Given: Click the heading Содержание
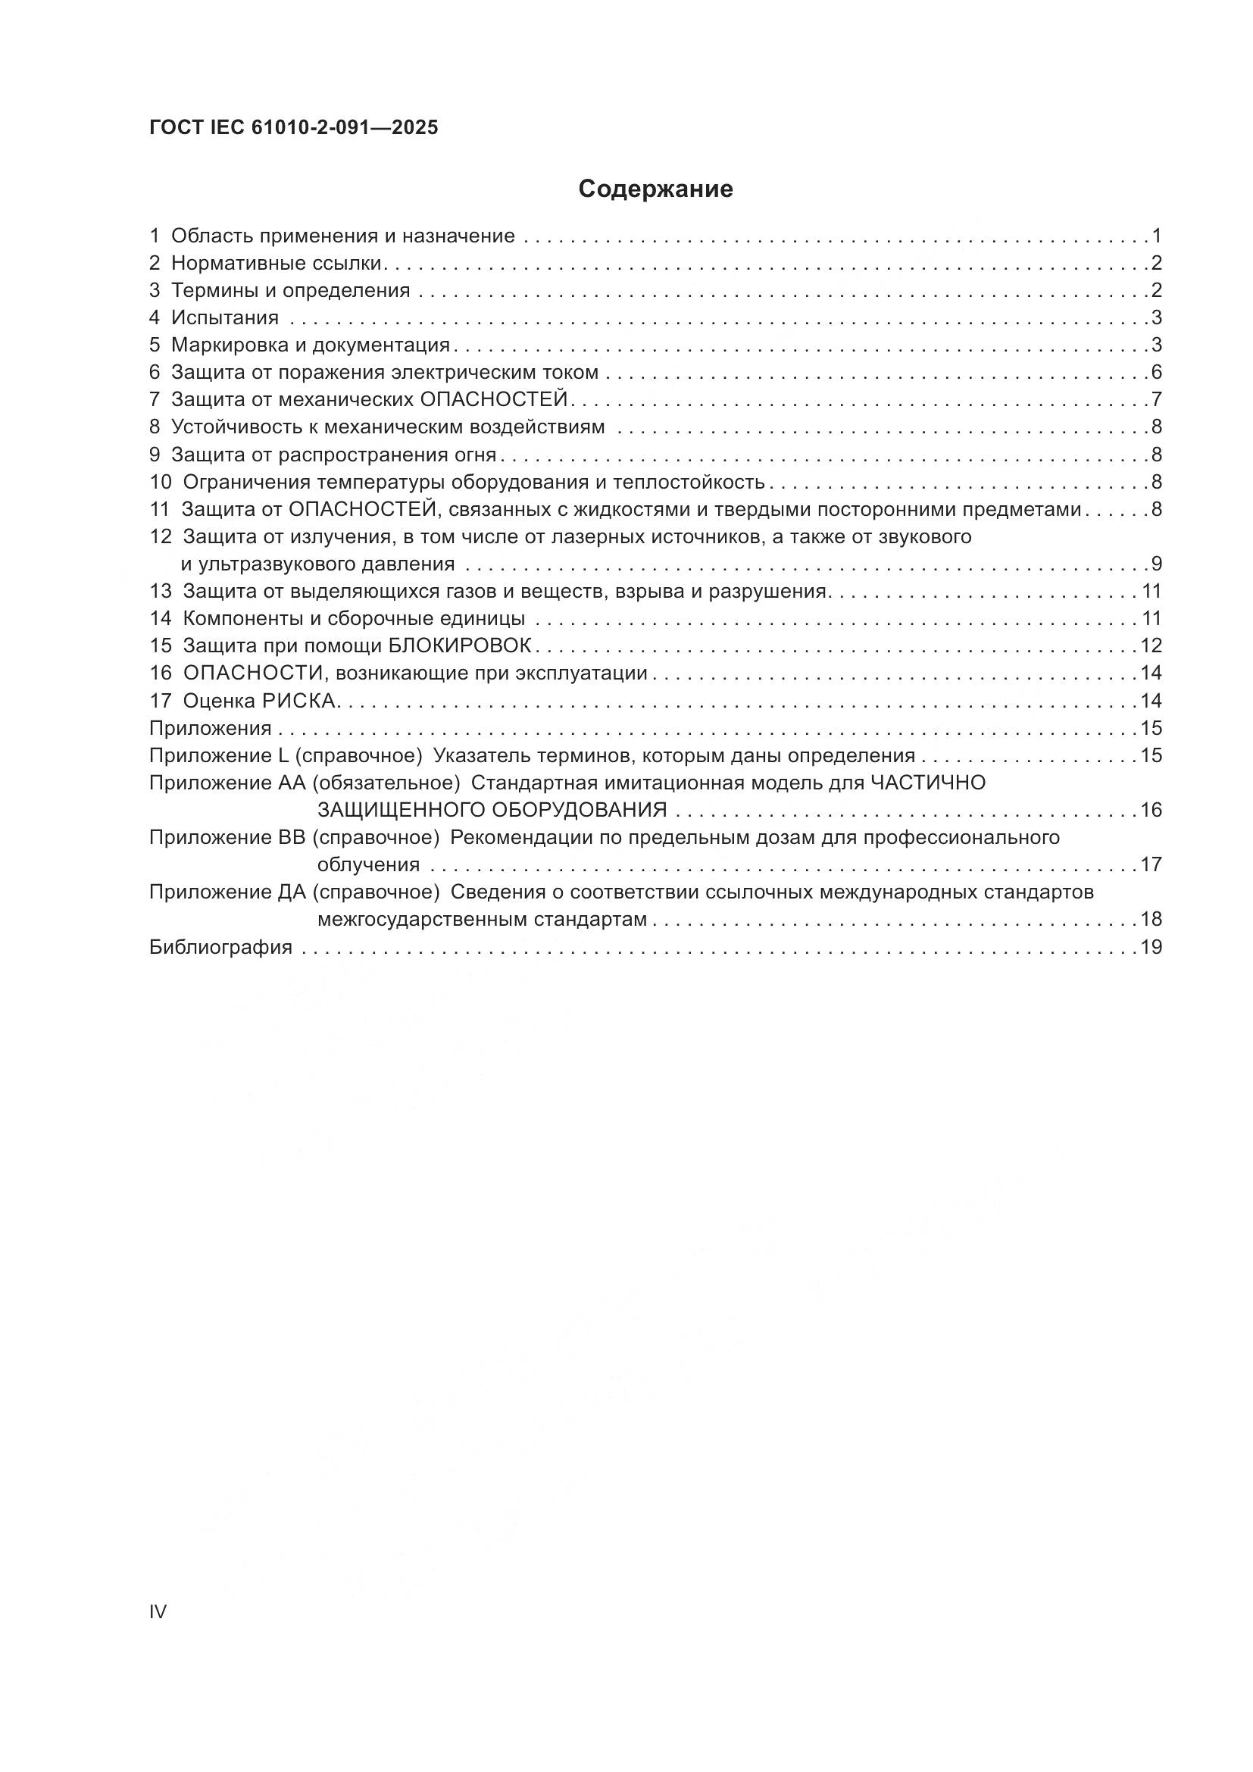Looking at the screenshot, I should [x=655, y=189].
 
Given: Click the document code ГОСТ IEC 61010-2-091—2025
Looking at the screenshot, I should [x=293, y=128].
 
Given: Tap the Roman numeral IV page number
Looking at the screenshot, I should [x=158, y=1611].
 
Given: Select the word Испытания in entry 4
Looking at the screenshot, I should [x=224, y=318].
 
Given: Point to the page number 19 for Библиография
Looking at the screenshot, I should [x=1151, y=947].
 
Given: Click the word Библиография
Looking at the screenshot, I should [x=220, y=947].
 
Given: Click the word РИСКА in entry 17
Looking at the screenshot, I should [x=300, y=701].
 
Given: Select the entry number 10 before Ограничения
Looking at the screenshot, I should [x=161, y=483].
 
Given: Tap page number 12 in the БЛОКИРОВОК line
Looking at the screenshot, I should [x=1151, y=645].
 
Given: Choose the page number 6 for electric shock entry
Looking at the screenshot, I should [x=1156, y=373].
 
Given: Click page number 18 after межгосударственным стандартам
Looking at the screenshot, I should [x=1151, y=919].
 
